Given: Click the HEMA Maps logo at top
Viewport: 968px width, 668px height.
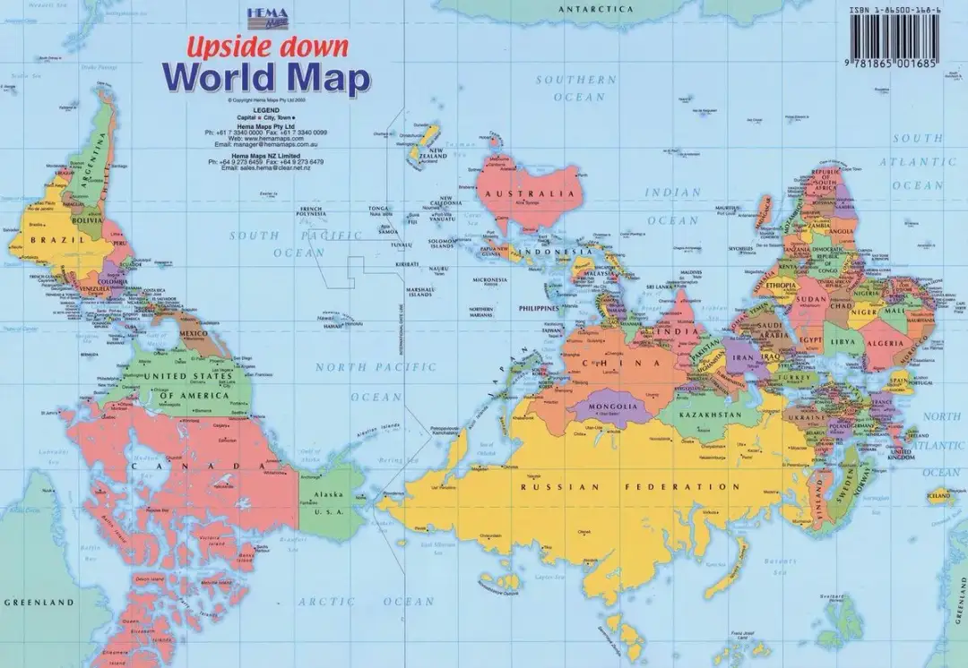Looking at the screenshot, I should (x=266, y=14).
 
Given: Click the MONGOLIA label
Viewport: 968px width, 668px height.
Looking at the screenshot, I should (x=614, y=406).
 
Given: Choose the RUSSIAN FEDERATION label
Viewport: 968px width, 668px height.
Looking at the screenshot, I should (x=631, y=487).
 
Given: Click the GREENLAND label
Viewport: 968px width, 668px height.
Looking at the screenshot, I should (x=39, y=603).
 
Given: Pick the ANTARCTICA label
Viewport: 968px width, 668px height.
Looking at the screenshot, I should (x=595, y=9).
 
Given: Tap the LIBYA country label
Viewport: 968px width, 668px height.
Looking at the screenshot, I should (x=841, y=341).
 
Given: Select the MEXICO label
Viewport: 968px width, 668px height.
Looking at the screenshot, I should (x=194, y=334).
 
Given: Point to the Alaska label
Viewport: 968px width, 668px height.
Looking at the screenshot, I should (x=330, y=495).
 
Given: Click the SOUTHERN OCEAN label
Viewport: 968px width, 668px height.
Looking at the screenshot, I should (x=575, y=88).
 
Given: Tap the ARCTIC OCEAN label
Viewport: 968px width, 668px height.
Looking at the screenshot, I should (x=366, y=602).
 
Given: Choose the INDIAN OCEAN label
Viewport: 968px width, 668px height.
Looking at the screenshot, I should (x=672, y=206).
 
